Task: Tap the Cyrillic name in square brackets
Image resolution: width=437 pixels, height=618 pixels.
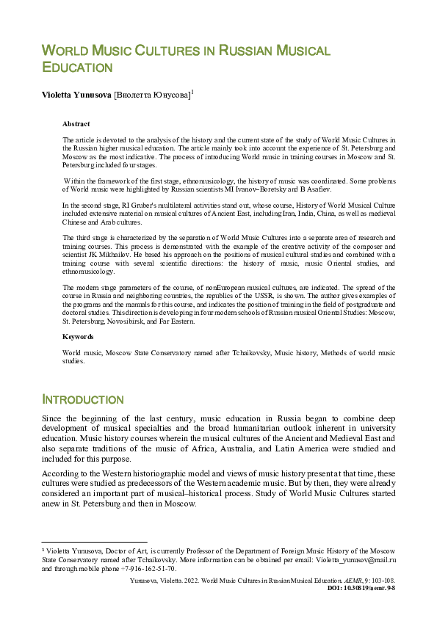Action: [151, 95]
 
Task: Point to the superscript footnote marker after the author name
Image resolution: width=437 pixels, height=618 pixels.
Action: [192, 92]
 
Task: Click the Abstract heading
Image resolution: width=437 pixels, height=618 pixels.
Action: [76, 125]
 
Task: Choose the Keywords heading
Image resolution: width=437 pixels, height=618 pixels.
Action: [78, 336]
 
